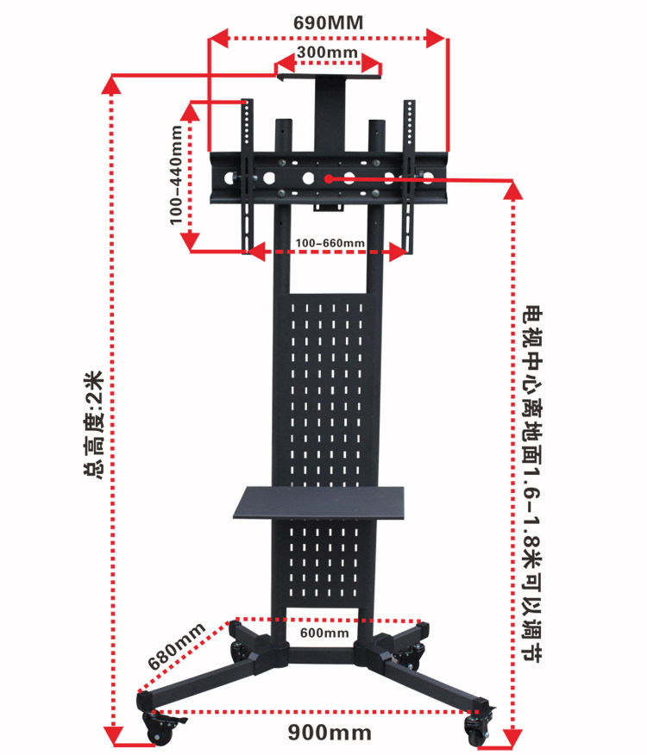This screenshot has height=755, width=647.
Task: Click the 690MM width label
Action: (x=328, y=22)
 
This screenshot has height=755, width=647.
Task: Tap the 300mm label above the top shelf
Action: (x=327, y=53)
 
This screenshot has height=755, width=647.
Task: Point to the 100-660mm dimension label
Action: (x=330, y=242)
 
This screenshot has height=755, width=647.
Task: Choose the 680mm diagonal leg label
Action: (x=176, y=646)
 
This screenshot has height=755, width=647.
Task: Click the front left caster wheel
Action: (x=160, y=727)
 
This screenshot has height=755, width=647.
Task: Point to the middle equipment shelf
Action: (x=320, y=502)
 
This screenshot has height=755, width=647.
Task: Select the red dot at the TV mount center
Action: (x=329, y=179)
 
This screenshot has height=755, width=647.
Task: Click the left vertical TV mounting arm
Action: (x=248, y=177)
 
